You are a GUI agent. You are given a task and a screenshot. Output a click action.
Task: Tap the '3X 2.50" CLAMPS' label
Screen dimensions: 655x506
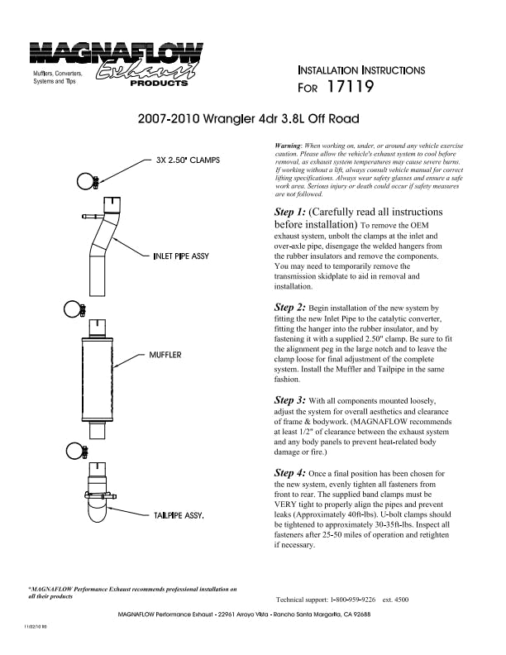[187, 160]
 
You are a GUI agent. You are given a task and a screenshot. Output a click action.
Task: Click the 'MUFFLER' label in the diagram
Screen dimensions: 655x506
[165, 355]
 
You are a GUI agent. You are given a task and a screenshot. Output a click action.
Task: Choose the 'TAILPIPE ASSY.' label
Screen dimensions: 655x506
[179, 515]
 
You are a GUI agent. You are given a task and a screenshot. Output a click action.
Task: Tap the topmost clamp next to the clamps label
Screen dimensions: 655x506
[88, 182]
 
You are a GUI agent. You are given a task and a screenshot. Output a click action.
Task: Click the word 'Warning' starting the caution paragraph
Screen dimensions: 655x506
[287, 145]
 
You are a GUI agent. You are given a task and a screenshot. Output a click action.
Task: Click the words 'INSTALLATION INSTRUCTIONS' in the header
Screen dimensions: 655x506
[360, 70]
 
